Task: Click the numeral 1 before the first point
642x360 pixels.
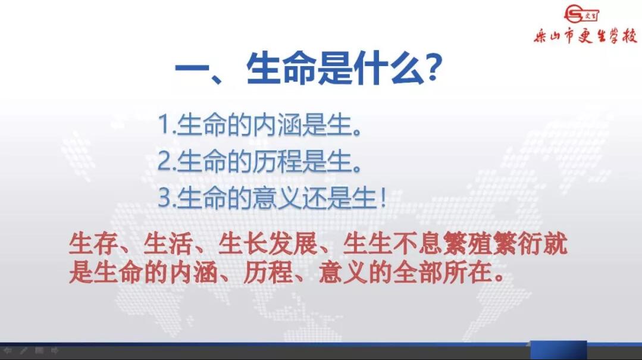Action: (x=164, y=124)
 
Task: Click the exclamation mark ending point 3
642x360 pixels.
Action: (x=383, y=198)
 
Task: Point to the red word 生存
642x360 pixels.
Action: (x=94, y=244)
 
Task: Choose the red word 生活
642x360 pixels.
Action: (x=168, y=244)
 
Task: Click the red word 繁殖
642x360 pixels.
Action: (x=468, y=244)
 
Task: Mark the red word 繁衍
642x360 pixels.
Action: (x=518, y=244)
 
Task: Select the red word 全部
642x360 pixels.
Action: (x=418, y=273)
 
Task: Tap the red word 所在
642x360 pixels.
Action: (x=468, y=273)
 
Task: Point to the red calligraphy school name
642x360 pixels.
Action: (x=585, y=36)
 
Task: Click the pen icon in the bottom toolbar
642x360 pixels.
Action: (x=24, y=350)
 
